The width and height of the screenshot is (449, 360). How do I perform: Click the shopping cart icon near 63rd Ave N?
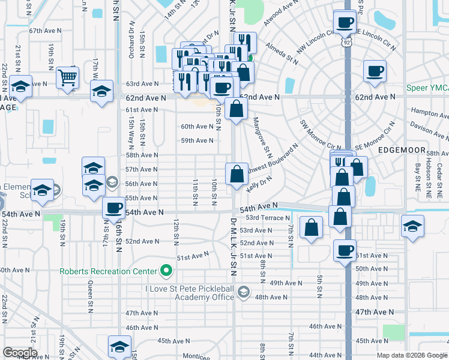[68, 76]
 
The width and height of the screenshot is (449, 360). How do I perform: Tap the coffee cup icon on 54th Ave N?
[113, 208]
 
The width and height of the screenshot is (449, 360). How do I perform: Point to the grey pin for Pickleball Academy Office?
[243, 292]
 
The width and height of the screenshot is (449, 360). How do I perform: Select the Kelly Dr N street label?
[259, 184]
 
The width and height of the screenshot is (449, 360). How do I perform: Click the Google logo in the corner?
[19, 353]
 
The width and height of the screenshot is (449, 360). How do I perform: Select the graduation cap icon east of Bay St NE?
[412, 226]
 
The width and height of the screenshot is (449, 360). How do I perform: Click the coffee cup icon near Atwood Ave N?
[345, 23]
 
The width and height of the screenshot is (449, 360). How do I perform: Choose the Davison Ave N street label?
[429, 127]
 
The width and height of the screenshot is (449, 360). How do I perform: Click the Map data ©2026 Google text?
[412, 355]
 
